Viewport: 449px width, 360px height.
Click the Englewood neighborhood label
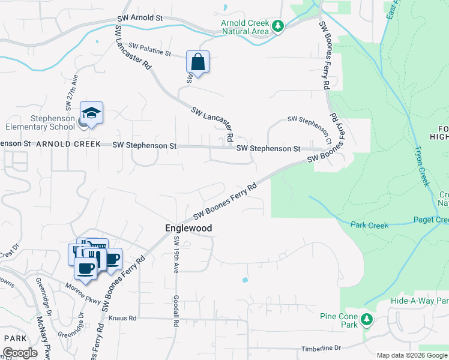[189, 229]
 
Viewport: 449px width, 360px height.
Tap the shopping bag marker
[197, 62]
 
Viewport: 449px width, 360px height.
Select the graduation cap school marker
[91, 113]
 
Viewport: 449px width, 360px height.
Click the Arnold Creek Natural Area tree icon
[277, 26]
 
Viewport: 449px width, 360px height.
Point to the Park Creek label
[369, 226]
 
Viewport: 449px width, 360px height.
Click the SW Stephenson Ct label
[310, 124]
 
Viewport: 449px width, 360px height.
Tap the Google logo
[20, 353]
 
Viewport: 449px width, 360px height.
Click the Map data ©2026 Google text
[412, 355]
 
